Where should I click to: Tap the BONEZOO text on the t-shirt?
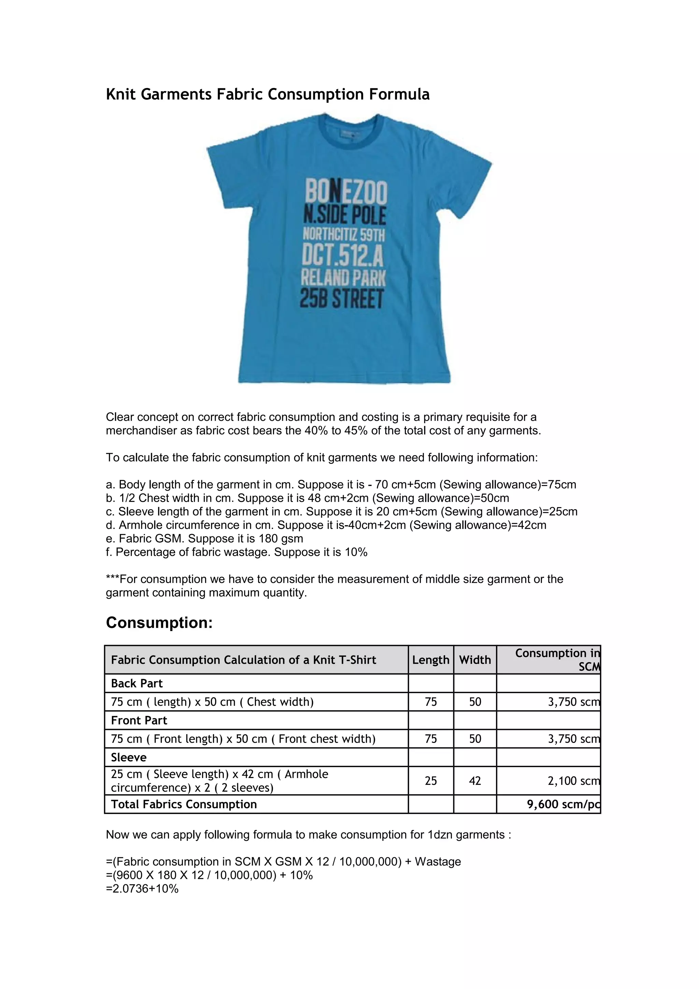click(346, 192)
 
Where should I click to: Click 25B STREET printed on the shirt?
click(342, 299)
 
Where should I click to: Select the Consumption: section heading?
click(159, 623)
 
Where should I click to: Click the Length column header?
click(430, 660)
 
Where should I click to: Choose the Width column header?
click(475, 660)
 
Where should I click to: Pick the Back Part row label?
click(137, 684)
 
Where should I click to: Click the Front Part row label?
click(139, 721)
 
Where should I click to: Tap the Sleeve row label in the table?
click(128, 758)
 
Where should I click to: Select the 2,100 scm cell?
click(573, 781)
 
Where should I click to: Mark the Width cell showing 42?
click(475, 781)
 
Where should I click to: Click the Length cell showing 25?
click(430, 781)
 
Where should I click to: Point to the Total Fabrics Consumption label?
click(184, 805)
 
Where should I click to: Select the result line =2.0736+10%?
click(142, 889)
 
